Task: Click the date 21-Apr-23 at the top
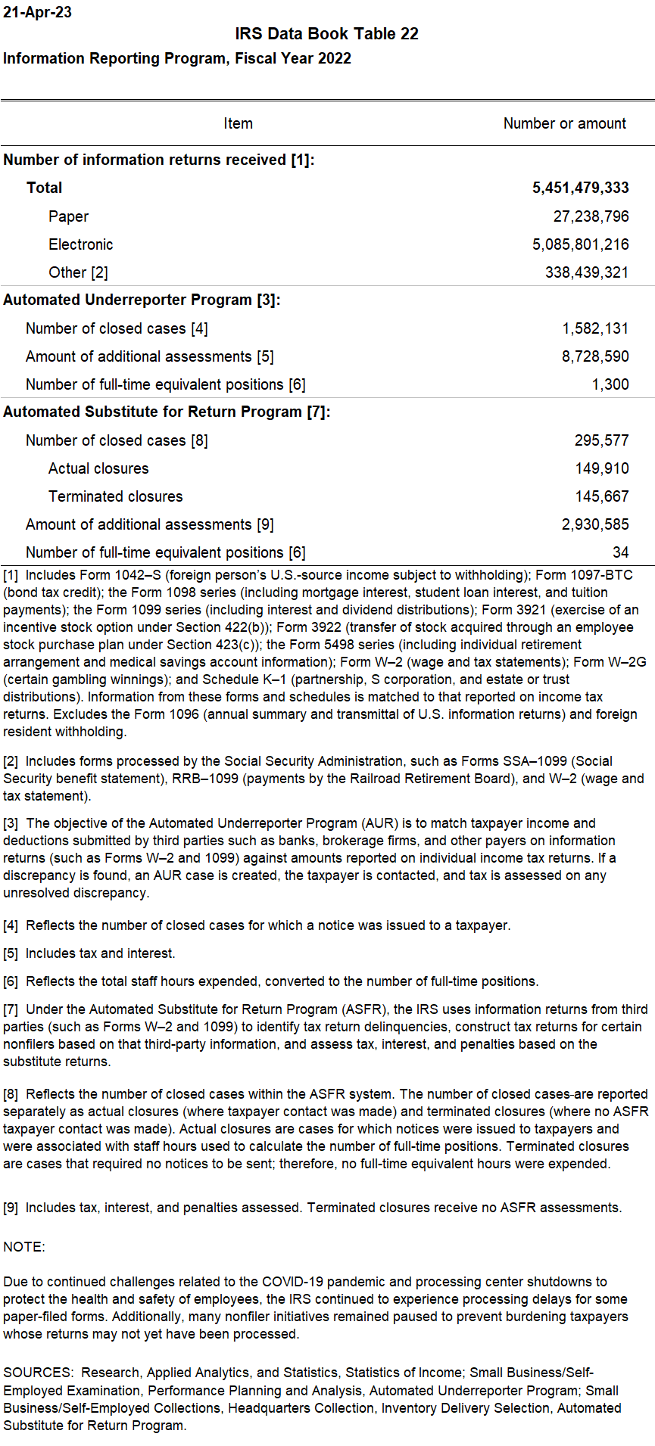[x=38, y=13]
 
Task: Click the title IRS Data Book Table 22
[x=326, y=34]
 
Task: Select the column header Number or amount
[x=564, y=123]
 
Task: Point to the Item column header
[x=238, y=123]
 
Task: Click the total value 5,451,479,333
[x=580, y=188]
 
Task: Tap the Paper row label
[x=68, y=216]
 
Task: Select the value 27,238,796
[x=591, y=216]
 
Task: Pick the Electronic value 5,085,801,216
[x=580, y=244]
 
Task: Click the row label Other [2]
[x=78, y=272]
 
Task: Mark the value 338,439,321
[x=586, y=272]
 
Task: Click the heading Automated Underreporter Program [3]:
[x=142, y=300]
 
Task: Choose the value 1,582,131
[x=595, y=328]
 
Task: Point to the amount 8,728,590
[x=595, y=356]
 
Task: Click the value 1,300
[x=610, y=384]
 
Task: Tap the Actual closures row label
[x=98, y=468]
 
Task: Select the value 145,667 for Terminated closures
[x=601, y=496]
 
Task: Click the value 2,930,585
[x=595, y=524]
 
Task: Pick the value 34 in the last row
[x=620, y=552]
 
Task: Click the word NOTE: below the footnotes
[x=24, y=1247]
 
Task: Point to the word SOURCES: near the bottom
[x=39, y=1373]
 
